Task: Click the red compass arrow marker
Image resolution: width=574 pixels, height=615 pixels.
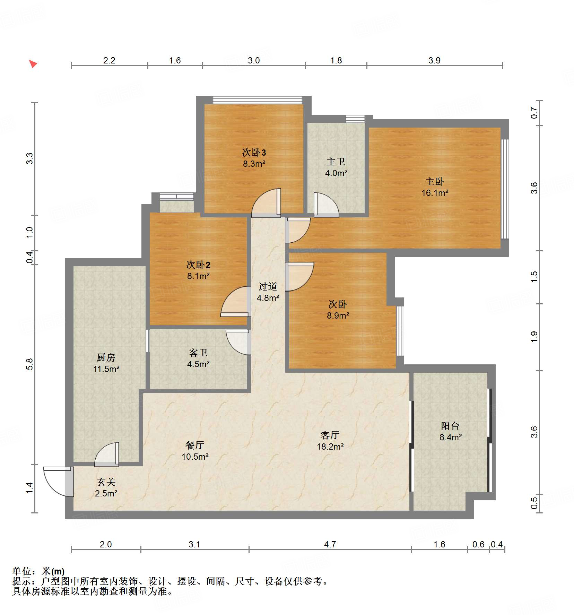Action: (33, 64)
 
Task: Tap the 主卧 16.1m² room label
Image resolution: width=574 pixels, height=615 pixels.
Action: (435, 187)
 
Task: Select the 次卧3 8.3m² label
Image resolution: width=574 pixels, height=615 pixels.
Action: (254, 158)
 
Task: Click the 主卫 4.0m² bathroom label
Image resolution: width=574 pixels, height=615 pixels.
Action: (336, 167)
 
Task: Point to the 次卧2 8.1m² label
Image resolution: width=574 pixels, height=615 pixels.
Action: (198, 270)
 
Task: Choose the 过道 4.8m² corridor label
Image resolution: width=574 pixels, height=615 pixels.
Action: (268, 292)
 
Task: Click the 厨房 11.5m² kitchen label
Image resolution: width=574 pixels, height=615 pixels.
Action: (106, 363)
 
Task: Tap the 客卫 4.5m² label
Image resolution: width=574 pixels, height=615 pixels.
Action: (198, 358)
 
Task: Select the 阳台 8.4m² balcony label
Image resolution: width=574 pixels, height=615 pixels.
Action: (450, 431)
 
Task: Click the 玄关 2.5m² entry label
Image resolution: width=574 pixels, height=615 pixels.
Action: (106, 487)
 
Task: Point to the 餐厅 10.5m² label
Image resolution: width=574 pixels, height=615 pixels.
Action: (195, 451)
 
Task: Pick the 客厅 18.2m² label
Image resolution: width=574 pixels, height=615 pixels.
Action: (330, 441)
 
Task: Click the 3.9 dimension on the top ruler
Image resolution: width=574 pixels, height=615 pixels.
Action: (434, 60)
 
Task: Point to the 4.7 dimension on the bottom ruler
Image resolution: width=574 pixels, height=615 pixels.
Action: (330, 544)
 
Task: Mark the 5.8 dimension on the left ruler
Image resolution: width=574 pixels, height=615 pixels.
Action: (29, 364)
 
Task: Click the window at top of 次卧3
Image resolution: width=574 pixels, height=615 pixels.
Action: (257, 100)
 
